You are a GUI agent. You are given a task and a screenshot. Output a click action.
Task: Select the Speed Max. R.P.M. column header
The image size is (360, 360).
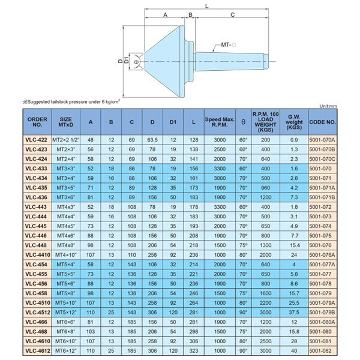(220, 122)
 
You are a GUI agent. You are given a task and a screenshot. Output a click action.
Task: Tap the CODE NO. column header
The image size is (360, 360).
(322, 122)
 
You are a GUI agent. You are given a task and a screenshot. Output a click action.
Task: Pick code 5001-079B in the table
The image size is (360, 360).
(322, 313)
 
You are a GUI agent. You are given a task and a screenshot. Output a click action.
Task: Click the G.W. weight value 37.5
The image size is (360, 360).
(294, 313)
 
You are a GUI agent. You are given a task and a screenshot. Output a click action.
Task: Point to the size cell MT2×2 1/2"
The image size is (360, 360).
(65, 140)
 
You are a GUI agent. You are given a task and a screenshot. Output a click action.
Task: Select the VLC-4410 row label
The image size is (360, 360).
(38, 255)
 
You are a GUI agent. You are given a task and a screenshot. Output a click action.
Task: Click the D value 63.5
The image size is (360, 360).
(152, 140)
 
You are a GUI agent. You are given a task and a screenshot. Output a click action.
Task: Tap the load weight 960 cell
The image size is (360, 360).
(265, 188)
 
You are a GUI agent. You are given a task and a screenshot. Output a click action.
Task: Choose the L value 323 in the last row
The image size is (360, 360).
(194, 351)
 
